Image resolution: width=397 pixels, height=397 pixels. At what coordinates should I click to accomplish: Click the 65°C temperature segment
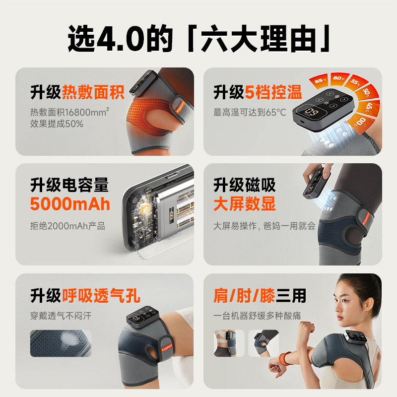[x=319, y=80]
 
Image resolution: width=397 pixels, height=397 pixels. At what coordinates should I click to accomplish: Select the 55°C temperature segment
[x=356, y=81]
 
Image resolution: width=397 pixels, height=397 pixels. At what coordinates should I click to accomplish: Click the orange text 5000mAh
[x=70, y=204]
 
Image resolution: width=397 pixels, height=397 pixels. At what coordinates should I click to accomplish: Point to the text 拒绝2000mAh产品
[x=67, y=226]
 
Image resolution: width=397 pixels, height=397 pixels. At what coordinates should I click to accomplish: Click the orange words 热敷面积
[x=93, y=92]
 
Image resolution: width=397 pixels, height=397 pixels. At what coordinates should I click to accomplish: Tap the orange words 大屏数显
[x=245, y=204]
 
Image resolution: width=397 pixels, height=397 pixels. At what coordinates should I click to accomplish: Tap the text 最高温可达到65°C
[x=250, y=113]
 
